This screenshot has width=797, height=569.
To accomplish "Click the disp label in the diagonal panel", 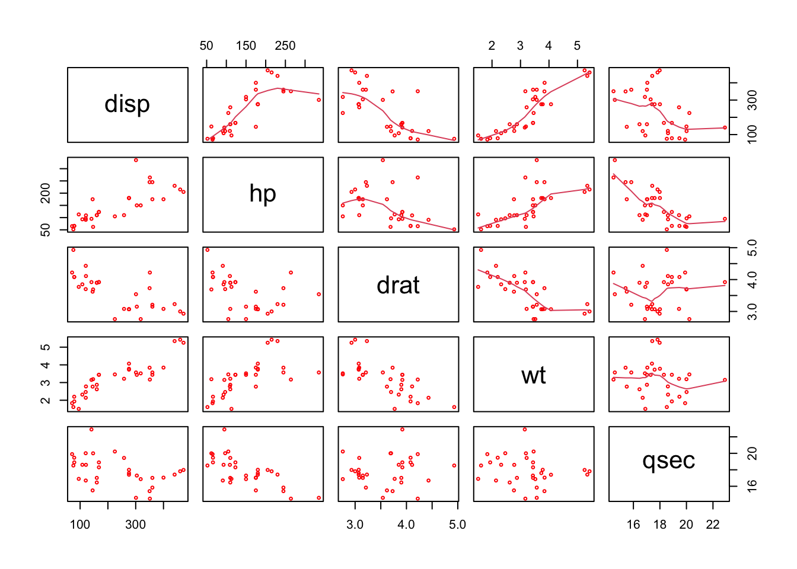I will [x=127, y=104].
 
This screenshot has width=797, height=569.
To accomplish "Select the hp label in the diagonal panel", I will [x=263, y=194].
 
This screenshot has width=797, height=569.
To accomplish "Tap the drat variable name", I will [x=398, y=286].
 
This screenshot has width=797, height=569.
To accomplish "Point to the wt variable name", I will [x=533, y=375].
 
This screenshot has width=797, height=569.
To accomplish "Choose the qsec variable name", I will [x=668, y=461].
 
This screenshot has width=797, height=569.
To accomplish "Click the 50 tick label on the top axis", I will [x=206, y=46].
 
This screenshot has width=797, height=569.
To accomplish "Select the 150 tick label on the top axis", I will [x=246, y=46].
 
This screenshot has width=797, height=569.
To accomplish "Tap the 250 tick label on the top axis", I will [x=285, y=46].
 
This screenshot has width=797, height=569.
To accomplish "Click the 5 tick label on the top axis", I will [x=577, y=46].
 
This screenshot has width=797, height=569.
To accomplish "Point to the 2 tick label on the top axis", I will [x=492, y=46].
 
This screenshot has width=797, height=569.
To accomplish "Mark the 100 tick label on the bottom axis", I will [x=80, y=525].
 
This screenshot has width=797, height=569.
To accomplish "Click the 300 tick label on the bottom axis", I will [x=135, y=525].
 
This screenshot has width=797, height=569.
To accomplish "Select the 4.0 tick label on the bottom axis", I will [x=406, y=525].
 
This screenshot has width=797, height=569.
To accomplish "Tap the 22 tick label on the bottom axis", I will [x=712, y=525].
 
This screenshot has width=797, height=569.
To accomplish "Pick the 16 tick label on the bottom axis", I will [x=633, y=525].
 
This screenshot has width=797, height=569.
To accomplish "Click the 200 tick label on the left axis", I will [x=46, y=193].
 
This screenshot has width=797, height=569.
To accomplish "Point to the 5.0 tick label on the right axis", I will [x=752, y=248].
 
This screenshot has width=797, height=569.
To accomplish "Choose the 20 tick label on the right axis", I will [x=752, y=453].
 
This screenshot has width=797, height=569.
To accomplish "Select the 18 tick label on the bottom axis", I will [x=660, y=525].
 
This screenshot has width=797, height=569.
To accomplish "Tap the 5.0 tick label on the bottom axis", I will [x=457, y=525].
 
